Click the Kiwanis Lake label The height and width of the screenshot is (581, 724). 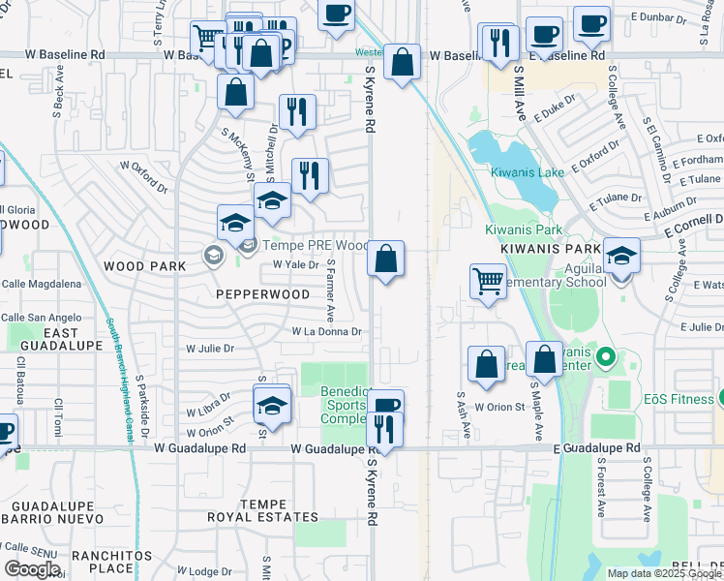point(527,172)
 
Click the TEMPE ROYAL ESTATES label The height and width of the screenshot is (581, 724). point(250,511)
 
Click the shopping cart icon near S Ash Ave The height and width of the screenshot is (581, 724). point(489,282)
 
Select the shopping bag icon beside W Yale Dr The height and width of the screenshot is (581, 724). point(385,260)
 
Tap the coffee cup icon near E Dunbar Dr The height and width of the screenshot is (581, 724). point(591,23)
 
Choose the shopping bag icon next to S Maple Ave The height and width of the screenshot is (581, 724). point(545,359)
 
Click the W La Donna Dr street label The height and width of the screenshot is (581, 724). point(327,331)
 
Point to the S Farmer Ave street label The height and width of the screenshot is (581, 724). point(331,290)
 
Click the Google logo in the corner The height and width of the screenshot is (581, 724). point(32,569)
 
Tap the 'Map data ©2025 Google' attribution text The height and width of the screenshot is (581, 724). point(664,573)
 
